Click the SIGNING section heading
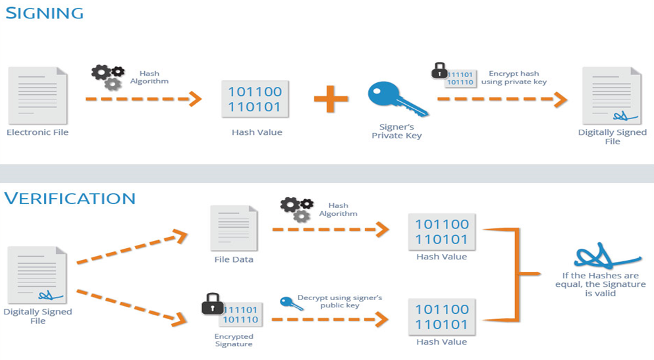click(45, 13)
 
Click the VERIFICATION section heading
click(70, 198)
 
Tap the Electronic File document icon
click(38, 95)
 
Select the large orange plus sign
click(331, 100)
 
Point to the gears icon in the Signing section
click(108, 77)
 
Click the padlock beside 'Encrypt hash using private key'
click(439, 71)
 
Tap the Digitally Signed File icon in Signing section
click(612, 95)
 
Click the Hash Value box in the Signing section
click(255, 99)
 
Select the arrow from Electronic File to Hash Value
click(143, 99)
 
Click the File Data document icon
click(234, 228)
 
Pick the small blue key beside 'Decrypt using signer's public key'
click(287, 301)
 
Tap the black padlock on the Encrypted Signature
click(211, 304)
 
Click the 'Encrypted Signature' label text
click(233, 340)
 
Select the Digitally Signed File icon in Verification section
click(38, 275)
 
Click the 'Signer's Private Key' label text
click(396, 132)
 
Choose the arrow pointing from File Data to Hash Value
click(329, 230)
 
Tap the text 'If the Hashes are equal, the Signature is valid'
click(600, 284)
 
